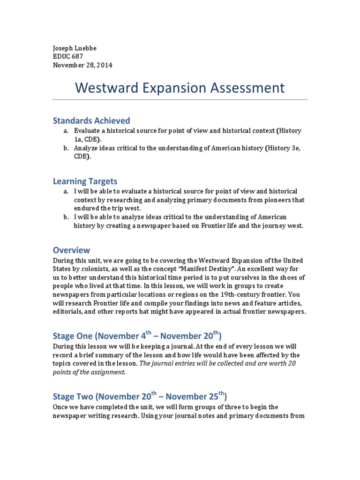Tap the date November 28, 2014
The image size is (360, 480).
(x=83, y=65)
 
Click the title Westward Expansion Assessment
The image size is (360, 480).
(x=180, y=88)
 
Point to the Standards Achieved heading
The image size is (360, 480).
(x=91, y=121)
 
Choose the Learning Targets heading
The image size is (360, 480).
(x=85, y=181)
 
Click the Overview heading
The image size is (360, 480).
(x=71, y=250)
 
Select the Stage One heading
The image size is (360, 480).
(x=137, y=336)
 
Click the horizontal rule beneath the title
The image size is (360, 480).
(x=180, y=99)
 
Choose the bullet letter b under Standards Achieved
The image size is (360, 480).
(x=67, y=149)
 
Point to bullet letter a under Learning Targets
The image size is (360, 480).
(x=67, y=191)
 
